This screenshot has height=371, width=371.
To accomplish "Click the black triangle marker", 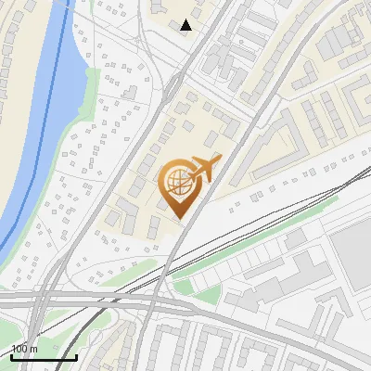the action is [x=186, y=25].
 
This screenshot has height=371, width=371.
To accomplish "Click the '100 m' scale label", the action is [x=25, y=349].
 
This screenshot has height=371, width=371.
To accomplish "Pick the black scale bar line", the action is [x=44, y=357].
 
